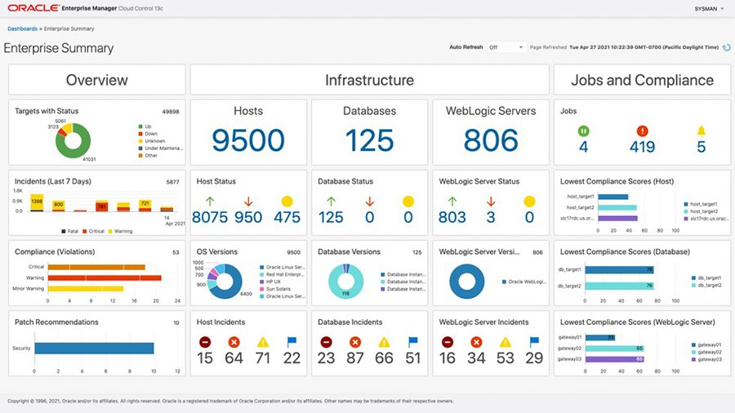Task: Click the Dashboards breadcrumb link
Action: pyautogui.click(x=22, y=29)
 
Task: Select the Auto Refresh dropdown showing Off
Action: pyautogui.click(x=506, y=47)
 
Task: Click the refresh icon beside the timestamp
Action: pyautogui.click(x=726, y=47)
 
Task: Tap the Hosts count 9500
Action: pyautogui.click(x=248, y=140)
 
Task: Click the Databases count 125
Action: pyautogui.click(x=369, y=140)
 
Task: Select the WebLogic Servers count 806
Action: pyautogui.click(x=491, y=140)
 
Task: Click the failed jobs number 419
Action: pyautogui.click(x=642, y=147)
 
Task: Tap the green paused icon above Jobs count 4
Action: pyautogui.click(x=584, y=130)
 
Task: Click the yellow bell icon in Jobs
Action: pyautogui.click(x=701, y=130)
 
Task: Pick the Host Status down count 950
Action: pyautogui.click(x=248, y=217)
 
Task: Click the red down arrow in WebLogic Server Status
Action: pyautogui.click(x=490, y=201)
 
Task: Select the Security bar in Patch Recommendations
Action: pyautogui.click(x=94, y=349)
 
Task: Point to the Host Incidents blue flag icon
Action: pyautogui.click(x=292, y=343)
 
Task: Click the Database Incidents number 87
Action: pyautogui.click(x=354, y=358)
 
